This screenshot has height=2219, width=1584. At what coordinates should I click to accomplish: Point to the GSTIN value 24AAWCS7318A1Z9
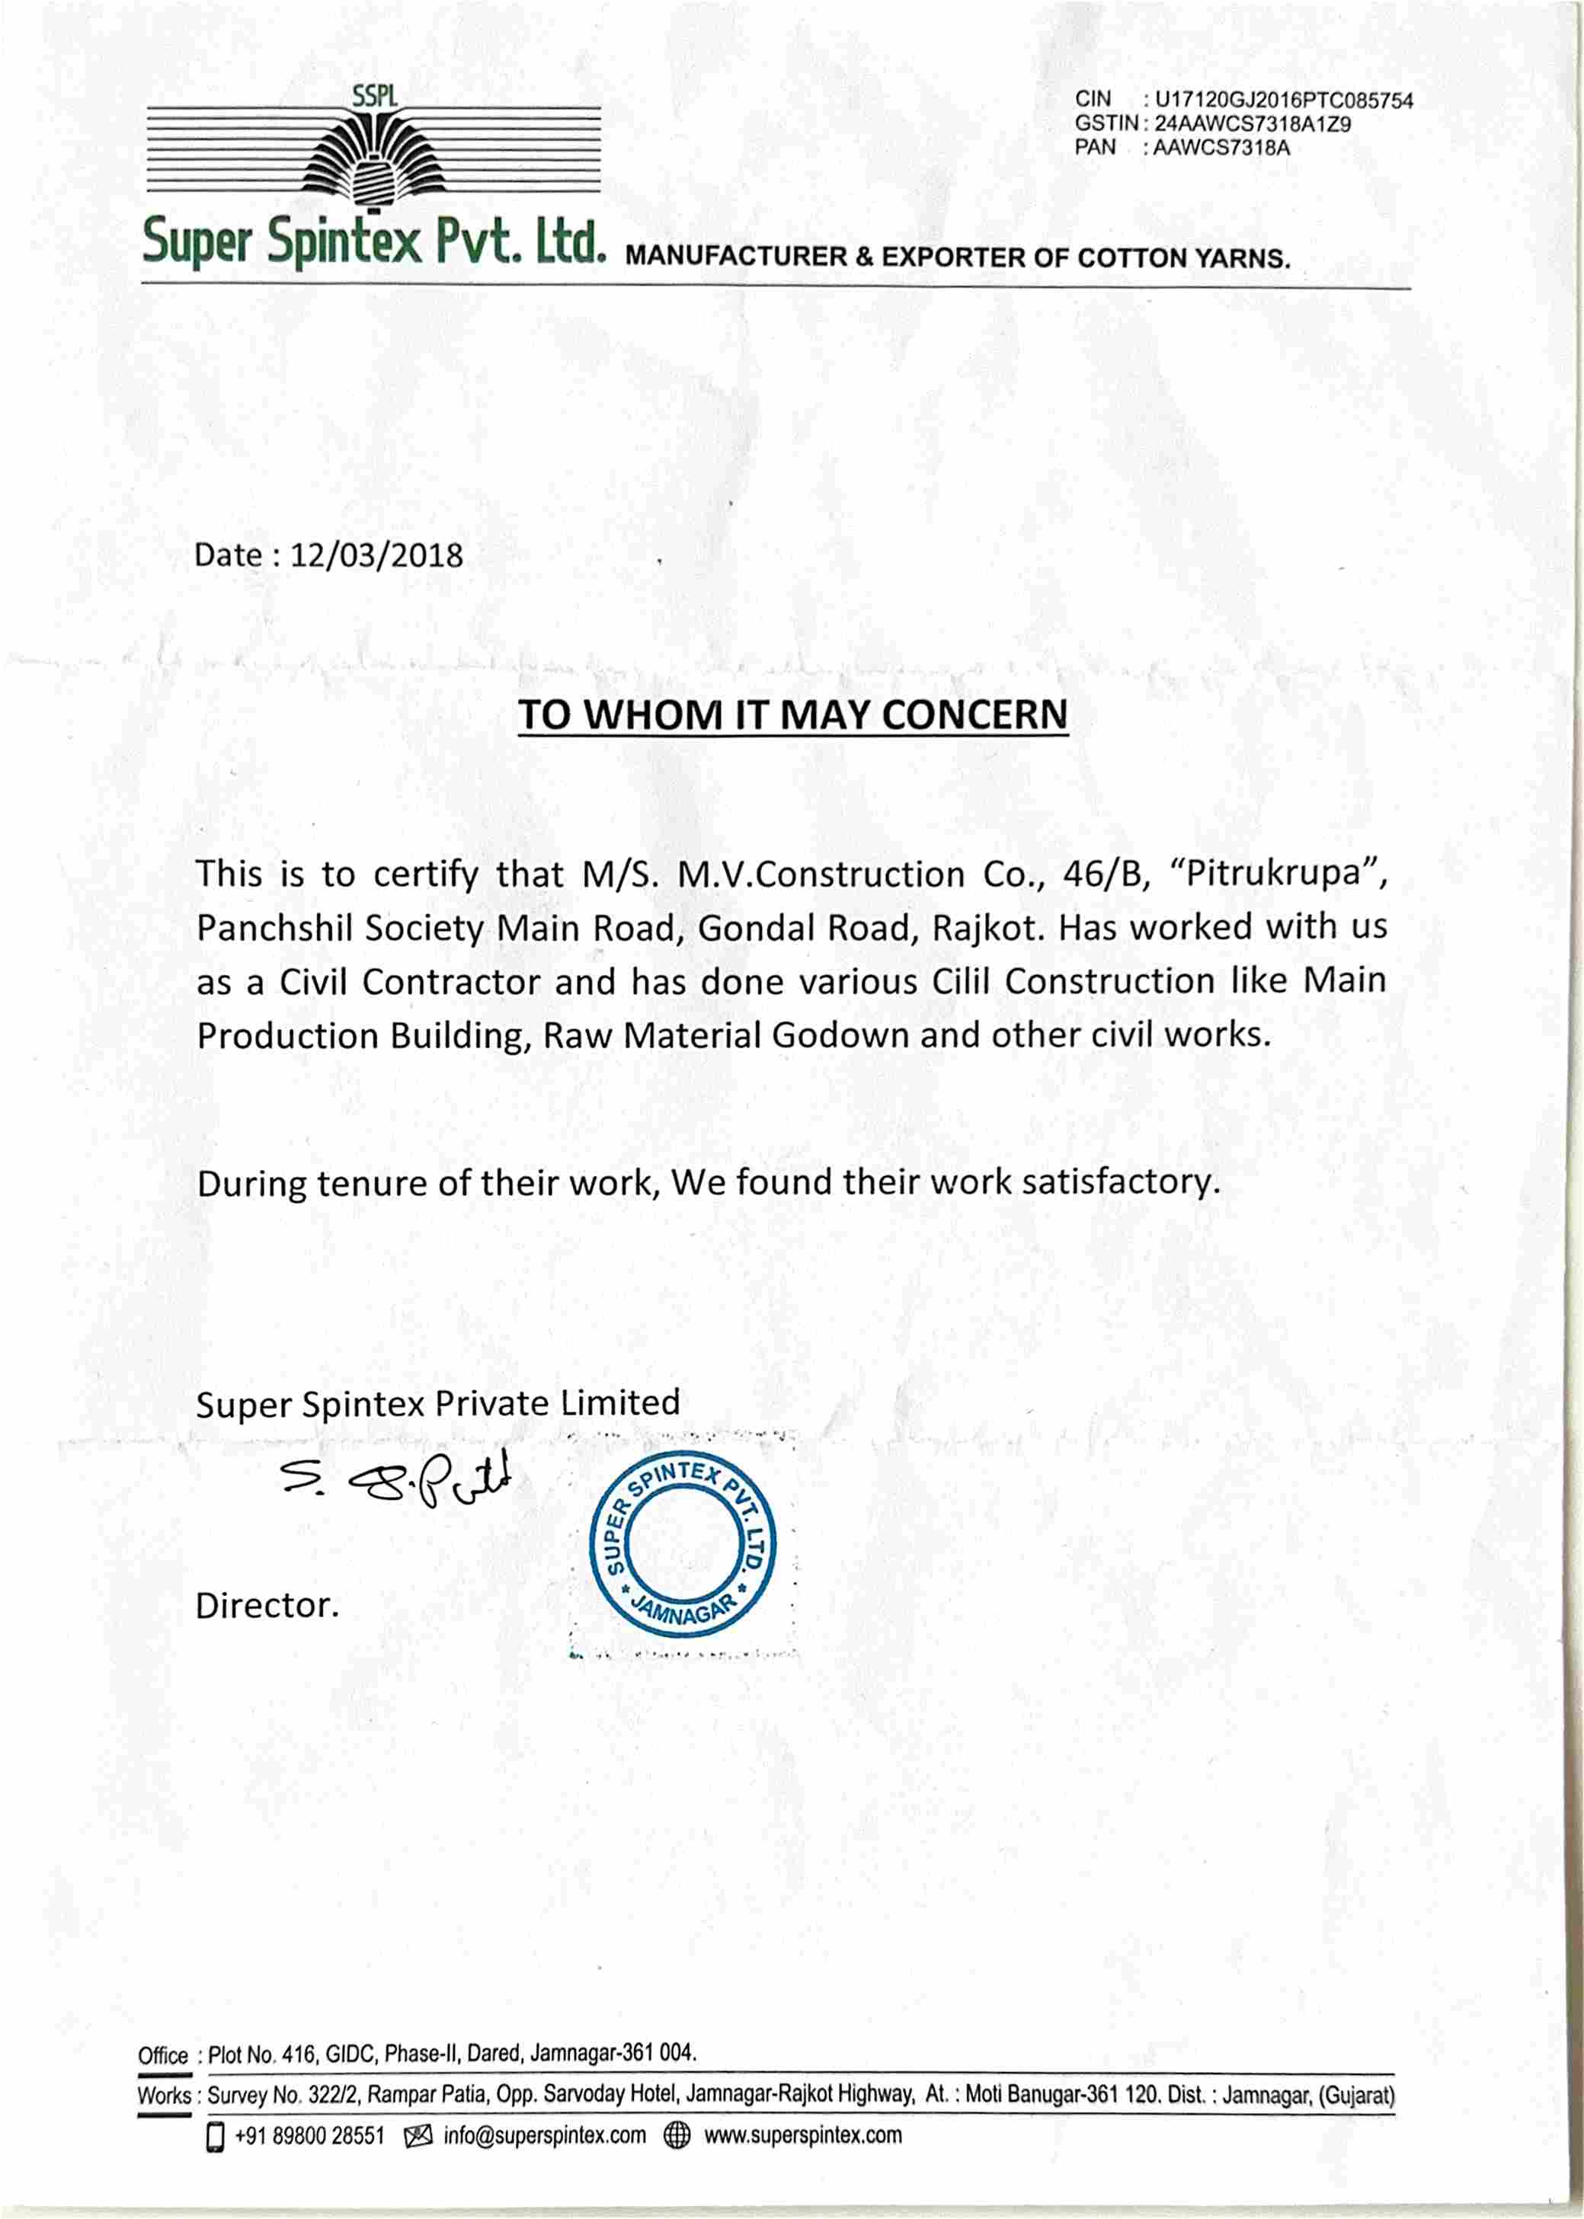[x=1253, y=125]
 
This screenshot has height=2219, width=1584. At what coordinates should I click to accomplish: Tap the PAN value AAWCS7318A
[x=1221, y=149]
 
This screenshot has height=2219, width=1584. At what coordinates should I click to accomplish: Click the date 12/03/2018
[x=376, y=556]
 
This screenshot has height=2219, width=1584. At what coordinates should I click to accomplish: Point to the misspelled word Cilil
[x=961, y=981]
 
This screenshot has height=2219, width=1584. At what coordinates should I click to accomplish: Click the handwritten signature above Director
[x=395, y=1482]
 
